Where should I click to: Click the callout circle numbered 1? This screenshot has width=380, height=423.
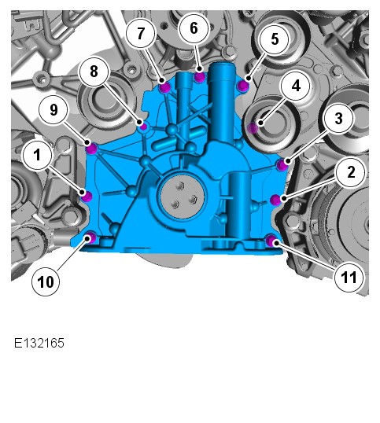coord(37,155)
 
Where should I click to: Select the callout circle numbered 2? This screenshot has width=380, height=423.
coord(351,172)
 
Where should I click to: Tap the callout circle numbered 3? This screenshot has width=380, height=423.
coord(338,118)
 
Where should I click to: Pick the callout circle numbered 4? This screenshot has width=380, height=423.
coord(296,86)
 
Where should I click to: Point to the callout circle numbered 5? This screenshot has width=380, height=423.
coord(275,39)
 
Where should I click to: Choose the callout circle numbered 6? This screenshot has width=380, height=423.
coord(194,28)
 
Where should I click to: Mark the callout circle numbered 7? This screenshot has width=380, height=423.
coord(141,34)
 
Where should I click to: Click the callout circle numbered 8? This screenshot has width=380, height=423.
coord(94,72)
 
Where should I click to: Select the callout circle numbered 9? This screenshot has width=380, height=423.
coord(53,110)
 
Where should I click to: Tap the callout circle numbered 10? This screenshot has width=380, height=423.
coord(46,282)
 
